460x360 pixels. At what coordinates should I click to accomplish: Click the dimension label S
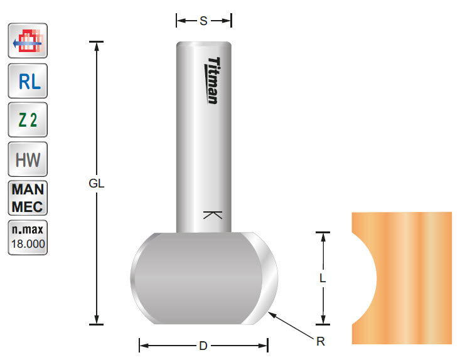click(x=203, y=21)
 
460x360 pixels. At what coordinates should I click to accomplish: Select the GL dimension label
click(x=96, y=184)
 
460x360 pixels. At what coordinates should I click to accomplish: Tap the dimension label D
click(x=203, y=346)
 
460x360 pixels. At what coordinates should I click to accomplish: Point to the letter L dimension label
click(x=323, y=280)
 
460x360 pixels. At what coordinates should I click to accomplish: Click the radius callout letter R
click(x=321, y=342)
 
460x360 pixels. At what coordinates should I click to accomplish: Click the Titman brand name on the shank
click(x=213, y=80)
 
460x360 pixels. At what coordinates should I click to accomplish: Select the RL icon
click(x=28, y=81)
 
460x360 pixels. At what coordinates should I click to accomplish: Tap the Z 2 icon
click(x=28, y=120)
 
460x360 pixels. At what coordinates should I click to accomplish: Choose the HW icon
click(x=28, y=159)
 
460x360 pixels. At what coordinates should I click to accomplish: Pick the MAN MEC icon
click(x=28, y=198)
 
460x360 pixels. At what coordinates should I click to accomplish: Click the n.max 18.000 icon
click(x=28, y=237)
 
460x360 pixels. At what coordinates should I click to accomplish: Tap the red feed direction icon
click(x=28, y=42)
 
